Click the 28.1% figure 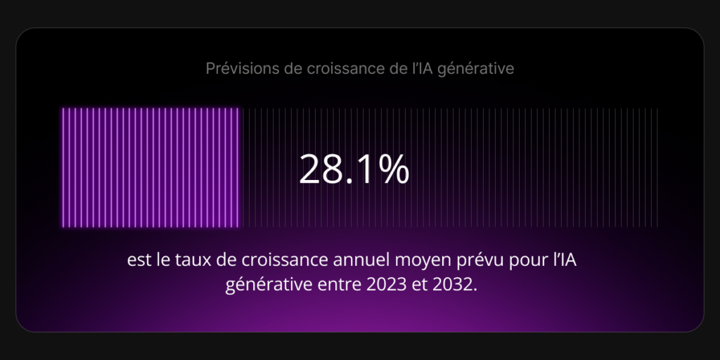[354, 169]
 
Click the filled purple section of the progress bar [150, 167]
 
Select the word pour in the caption [513, 262]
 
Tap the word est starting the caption [139, 260]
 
